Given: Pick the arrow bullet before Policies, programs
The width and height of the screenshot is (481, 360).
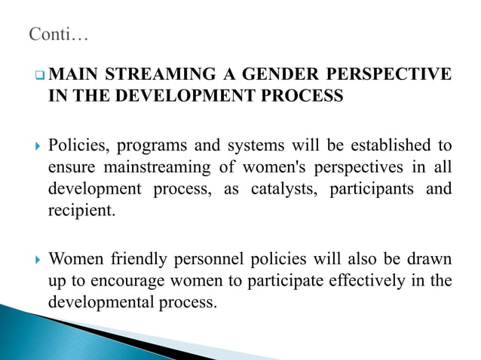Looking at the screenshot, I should (35, 145).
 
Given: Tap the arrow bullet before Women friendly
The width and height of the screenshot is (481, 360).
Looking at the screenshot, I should (35, 261).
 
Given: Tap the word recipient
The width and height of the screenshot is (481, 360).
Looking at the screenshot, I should (81, 209).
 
